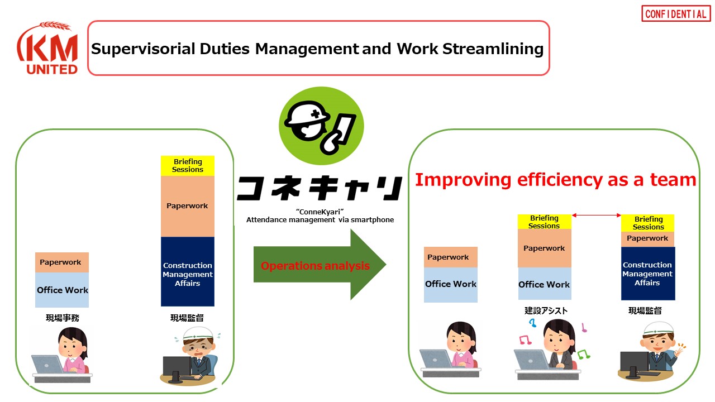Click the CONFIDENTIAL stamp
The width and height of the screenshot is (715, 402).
[x=676, y=13]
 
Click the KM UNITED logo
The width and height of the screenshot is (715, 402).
[x=48, y=48]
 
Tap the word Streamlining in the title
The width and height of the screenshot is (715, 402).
[x=493, y=49]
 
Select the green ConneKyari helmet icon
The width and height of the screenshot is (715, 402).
[x=321, y=126]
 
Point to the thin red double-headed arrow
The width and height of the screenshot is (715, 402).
[x=596, y=216]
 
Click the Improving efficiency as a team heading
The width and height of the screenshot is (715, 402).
[x=555, y=180]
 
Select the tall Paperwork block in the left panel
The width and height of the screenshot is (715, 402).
[x=187, y=206]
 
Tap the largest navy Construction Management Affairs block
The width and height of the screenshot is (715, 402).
[x=187, y=271]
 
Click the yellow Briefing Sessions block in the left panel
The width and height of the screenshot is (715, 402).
[x=187, y=166]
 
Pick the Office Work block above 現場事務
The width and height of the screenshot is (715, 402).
[x=62, y=290]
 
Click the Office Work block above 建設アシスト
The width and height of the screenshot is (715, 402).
[x=544, y=284]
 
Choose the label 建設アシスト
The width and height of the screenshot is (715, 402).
[x=546, y=310]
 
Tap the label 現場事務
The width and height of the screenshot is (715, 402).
[x=63, y=318]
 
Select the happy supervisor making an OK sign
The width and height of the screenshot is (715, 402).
[x=651, y=351]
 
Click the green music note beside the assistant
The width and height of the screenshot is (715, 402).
[x=584, y=354]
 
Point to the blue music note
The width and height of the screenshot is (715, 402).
[x=532, y=323]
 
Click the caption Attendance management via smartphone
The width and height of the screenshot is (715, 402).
[x=320, y=220]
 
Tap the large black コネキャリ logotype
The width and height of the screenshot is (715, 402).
[x=319, y=188]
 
